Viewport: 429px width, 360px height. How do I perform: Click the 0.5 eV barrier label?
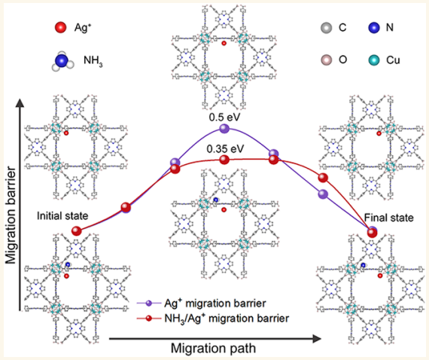point(224,117)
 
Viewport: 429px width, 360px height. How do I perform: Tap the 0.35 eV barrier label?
point(225,149)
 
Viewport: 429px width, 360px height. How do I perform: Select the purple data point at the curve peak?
point(224,128)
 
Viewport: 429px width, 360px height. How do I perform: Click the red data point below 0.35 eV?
point(224,160)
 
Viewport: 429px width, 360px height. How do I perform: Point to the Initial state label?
point(62,215)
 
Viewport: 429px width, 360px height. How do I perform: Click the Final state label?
point(389,218)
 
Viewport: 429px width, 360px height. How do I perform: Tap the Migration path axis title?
point(214,348)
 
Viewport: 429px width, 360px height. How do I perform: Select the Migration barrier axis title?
point(11,215)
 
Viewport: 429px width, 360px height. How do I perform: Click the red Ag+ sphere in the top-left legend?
point(60,27)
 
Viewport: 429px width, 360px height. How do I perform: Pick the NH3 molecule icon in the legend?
point(62,61)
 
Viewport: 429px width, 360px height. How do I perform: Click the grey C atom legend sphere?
point(326,28)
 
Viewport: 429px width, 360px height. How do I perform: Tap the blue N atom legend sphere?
point(374,28)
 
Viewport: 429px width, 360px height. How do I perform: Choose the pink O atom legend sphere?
point(326,59)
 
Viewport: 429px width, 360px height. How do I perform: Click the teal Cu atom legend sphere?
point(374,59)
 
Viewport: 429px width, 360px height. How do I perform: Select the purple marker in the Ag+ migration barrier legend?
point(149,303)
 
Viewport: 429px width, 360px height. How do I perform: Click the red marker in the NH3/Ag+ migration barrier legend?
point(149,319)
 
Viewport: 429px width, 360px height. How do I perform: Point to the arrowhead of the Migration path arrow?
point(317,339)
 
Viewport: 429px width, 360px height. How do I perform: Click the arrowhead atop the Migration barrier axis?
point(20,103)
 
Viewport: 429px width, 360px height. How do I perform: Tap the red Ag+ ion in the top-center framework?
point(224,43)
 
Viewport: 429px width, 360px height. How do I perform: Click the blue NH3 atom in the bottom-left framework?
point(68,264)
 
